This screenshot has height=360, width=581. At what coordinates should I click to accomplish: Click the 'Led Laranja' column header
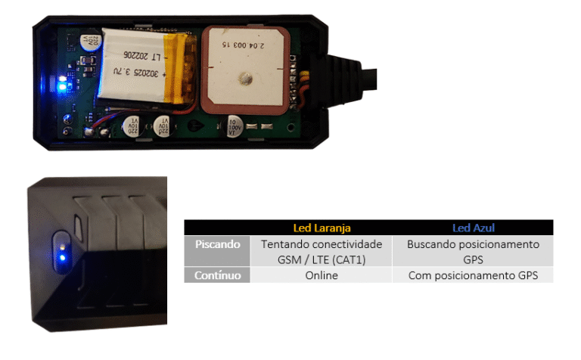322,228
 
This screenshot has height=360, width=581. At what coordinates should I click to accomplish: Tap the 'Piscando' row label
218,245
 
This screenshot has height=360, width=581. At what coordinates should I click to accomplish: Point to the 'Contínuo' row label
218,276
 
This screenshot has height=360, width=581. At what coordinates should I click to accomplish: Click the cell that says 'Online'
322,276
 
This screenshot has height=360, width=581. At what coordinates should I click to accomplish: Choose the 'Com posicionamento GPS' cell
473,276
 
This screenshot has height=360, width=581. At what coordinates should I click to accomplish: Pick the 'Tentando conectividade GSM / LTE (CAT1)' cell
322,251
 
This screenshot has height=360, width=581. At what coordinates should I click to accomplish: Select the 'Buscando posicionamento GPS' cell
473,251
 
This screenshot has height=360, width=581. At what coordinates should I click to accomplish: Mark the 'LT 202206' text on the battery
146,56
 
